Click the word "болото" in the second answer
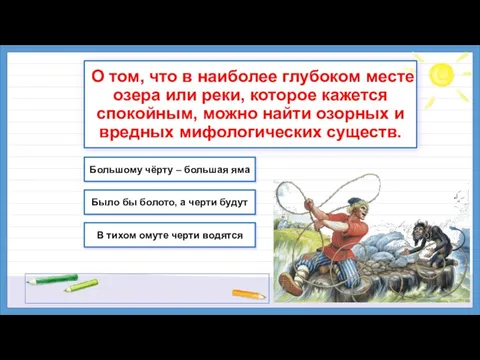pos(159,201)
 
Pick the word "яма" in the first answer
pos(235,169)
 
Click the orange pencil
pos(246,294)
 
